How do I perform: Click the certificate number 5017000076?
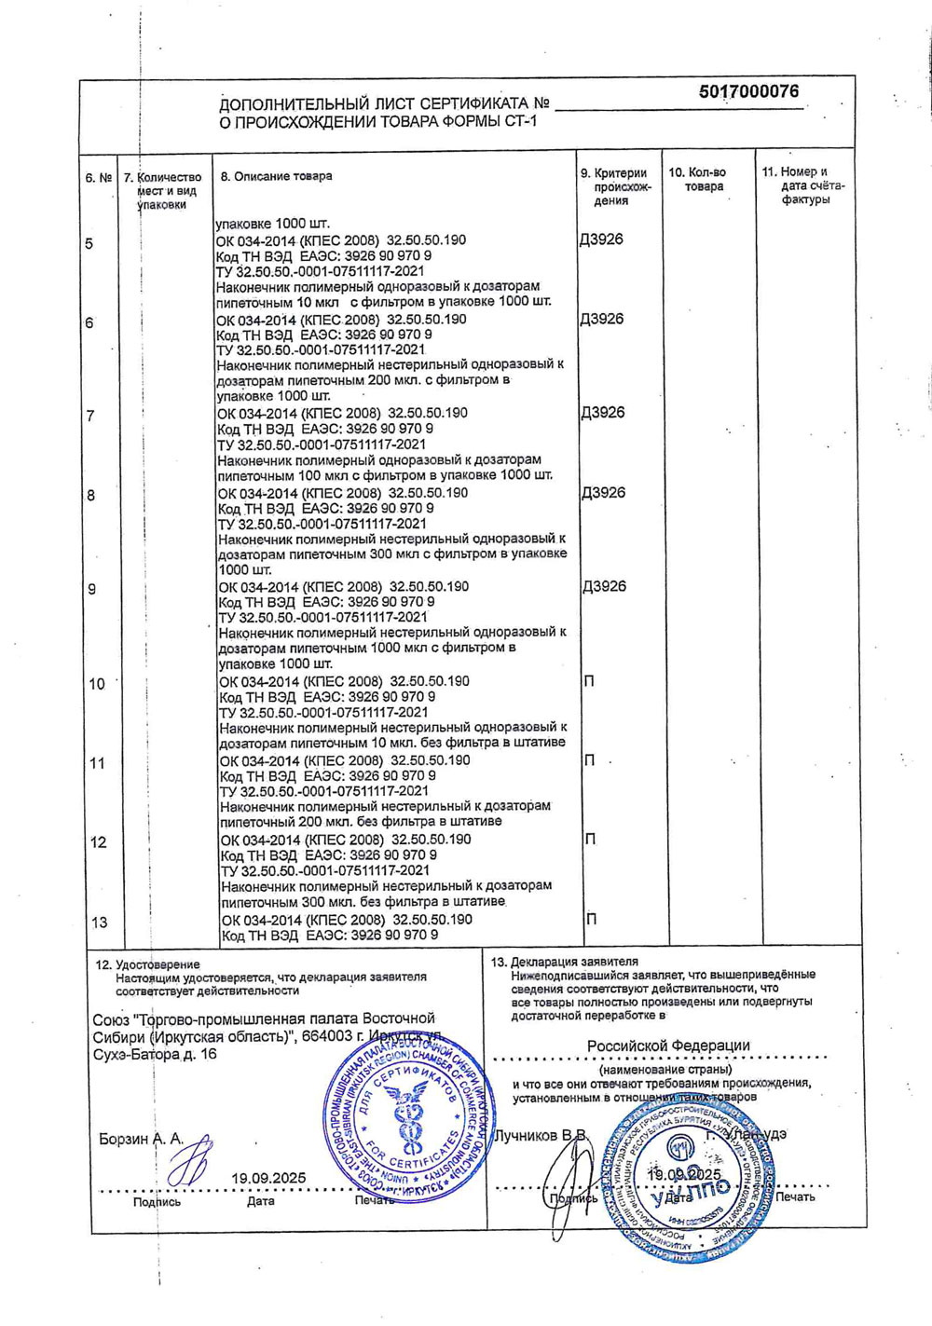click(747, 91)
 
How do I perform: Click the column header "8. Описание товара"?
click(276, 176)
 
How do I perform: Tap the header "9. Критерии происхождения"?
click(613, 186)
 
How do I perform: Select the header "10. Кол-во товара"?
click(697, 179)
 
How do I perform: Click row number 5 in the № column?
click(89, 244)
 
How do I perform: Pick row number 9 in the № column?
click(91, 590)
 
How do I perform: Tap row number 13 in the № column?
click(99, 923)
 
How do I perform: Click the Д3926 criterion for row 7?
click(603, 413)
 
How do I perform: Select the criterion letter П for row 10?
click(589, 681)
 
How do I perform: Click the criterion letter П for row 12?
click(590, 840)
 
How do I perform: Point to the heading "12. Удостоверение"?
click(147, 964)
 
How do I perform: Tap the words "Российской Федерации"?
click(668, 1046)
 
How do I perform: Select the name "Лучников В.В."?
click(541, 1136)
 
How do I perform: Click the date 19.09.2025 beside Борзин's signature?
click(268, 1178)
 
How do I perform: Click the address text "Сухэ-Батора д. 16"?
click(155, 1054)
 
